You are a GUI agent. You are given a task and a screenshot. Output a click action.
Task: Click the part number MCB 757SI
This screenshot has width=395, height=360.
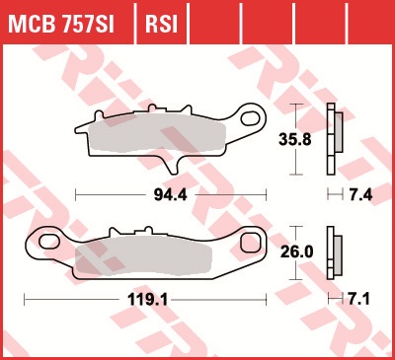pos(61,24)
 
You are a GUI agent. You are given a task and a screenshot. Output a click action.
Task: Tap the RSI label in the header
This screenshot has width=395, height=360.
pos(161,24)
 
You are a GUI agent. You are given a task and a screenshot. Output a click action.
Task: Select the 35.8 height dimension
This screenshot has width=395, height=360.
pos(295,139)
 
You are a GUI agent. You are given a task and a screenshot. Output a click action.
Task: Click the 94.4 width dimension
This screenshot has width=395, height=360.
pos(170,195)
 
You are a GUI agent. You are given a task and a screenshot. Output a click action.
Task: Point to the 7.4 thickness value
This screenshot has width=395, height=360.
pos(360,195)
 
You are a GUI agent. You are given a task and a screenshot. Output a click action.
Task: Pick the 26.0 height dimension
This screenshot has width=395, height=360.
pos(297,252)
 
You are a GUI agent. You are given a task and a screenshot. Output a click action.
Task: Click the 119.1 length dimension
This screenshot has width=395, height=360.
pos(148,300)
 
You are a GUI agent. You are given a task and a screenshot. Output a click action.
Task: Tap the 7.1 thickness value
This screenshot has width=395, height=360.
pos(358,300)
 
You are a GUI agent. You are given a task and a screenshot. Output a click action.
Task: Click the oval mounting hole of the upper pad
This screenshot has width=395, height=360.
pos(251,118)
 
